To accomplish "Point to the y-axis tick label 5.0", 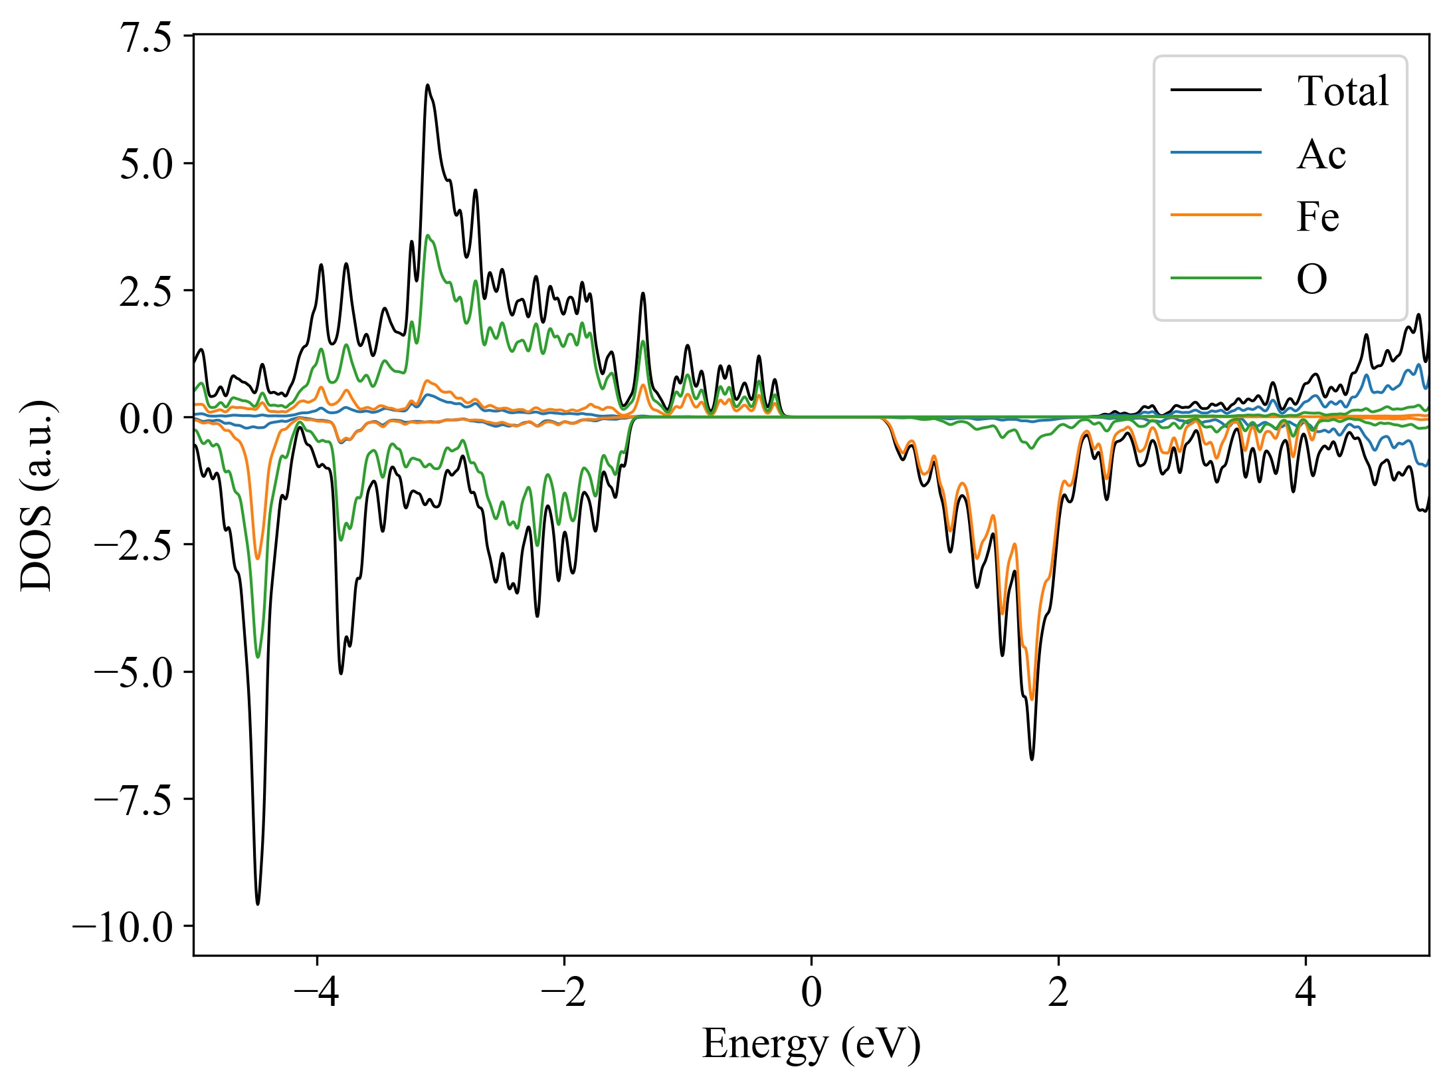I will coord(145,164).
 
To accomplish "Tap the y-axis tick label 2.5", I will coord(145,291).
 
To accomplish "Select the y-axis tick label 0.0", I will coord(145,418).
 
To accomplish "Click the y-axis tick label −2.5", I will coord(134,545).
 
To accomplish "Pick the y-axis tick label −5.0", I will coord(134,672).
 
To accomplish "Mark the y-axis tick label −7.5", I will coord(134,799).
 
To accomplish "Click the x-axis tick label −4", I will coord(317,993).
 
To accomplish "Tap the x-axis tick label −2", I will coord(564,993).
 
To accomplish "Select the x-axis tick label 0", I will coord(811,993).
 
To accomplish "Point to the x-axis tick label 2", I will coord(1058,993).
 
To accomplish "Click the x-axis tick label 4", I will coord(1306,993).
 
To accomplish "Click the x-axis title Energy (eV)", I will coord(811,1044).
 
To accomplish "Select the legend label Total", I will coord(1343,91).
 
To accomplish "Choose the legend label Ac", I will coord(1321,154).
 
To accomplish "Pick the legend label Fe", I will coord(1317,217).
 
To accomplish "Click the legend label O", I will coord(1312,279).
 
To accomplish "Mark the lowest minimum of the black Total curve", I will coord(258,904).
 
